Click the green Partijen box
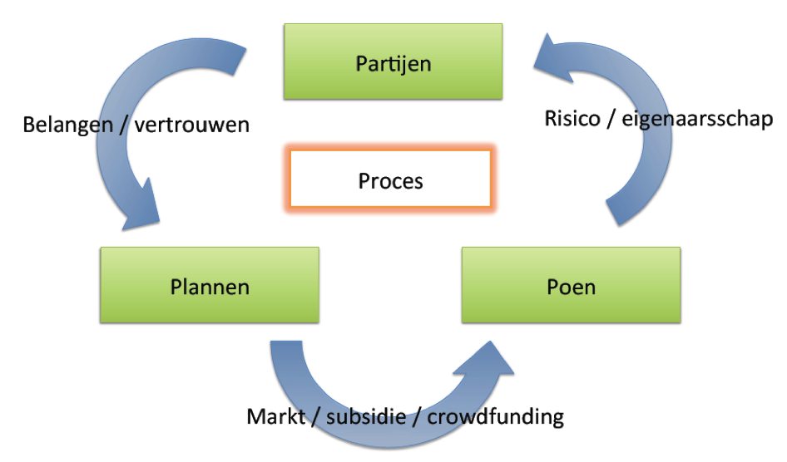[393, 61]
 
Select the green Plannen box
[210, 285]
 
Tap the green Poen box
[572, 285]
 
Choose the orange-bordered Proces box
[390, 179]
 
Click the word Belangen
[67, 125]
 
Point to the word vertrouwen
[191, 125]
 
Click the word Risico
[572, 119]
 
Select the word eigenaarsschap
[697, 120]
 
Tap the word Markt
[275, 416]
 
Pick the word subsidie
[366, 416]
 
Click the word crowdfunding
[495, 417]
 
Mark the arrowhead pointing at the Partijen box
[552, 58]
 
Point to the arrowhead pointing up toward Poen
[485, 359]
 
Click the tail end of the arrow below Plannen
[286, 342]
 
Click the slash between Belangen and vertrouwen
[123, 125]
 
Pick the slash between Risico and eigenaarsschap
[611, 120]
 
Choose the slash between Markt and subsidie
[315, 417]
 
